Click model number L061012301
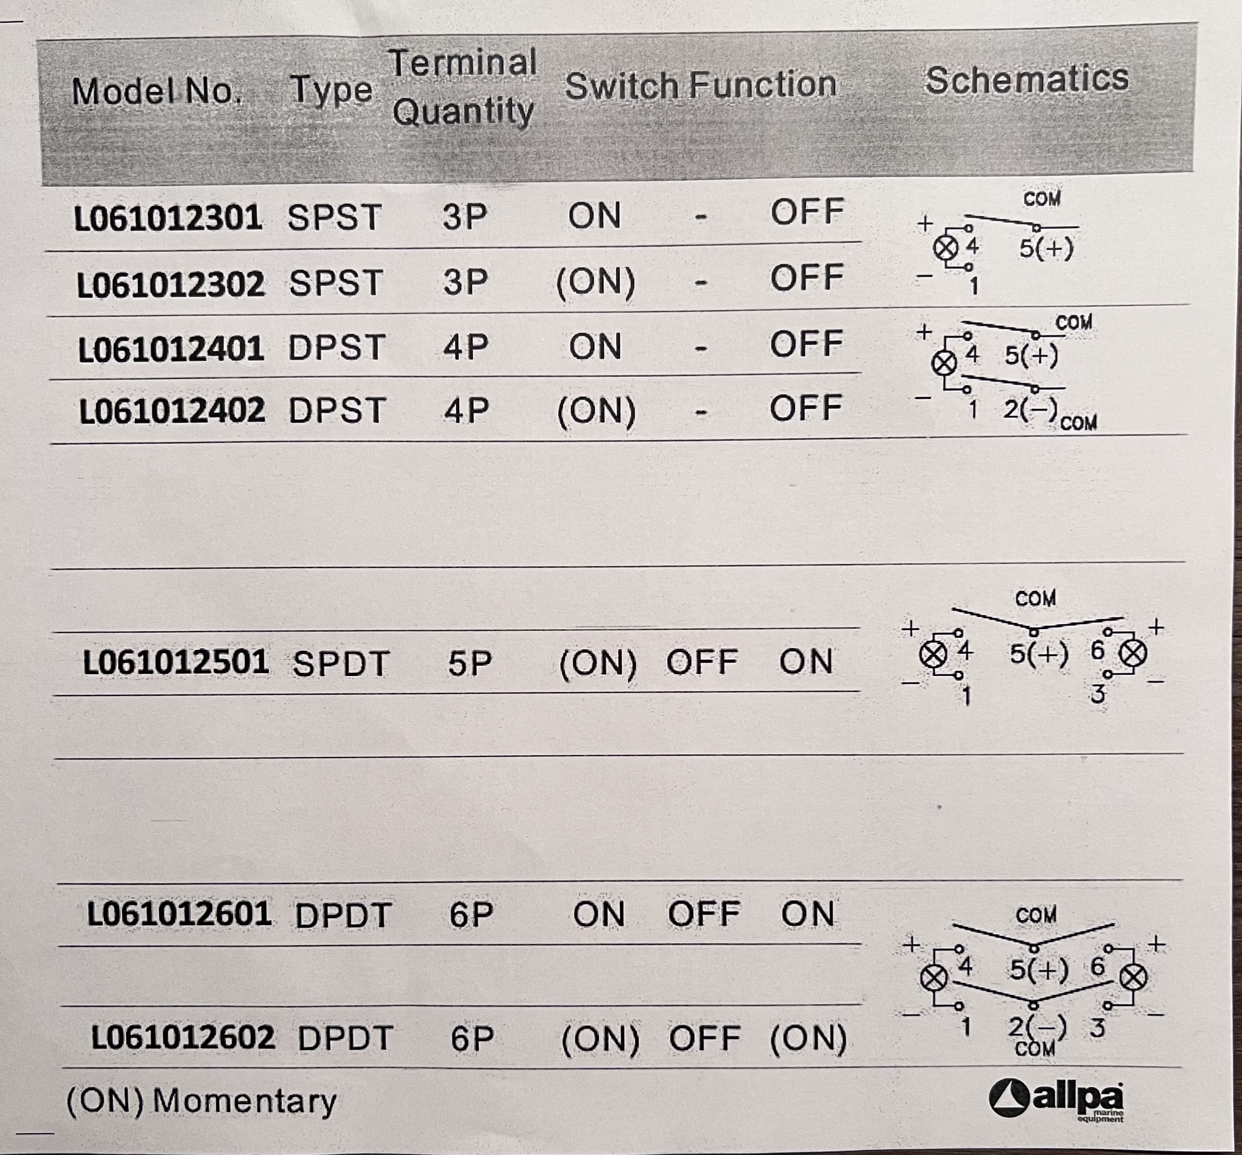[x=168, y=219]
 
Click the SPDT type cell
[x=340, y=664]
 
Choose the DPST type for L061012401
[x=336, y=348]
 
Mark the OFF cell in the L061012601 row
[x=704, y=914]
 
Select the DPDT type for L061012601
[x=343, y=915]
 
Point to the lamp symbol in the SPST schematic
[x=945, y=248]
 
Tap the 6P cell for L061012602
[x=472, y=1039]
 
